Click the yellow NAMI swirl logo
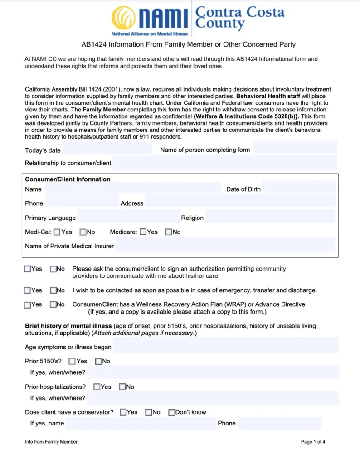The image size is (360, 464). coord(123,18)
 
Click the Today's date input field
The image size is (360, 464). coord(107,150)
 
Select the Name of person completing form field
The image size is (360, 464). coord(295,149)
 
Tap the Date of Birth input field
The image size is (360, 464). coord(299,189)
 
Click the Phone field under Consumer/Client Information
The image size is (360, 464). coord(82,203)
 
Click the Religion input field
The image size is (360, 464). coord(270,217)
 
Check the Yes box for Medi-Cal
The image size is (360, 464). coord(57,232)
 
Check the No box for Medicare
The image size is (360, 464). coord(169,232)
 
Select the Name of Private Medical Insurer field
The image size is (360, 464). coord(225,246)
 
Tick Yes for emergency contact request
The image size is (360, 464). coord(28,290)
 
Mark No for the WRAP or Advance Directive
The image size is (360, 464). coord(54,305)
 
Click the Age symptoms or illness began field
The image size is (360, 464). coord(225,347)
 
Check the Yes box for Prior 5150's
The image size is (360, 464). coord(72,362)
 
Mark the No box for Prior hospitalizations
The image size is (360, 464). coord(122,387)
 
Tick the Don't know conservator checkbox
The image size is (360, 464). coord(172,412)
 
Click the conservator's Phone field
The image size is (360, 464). coord(280,423)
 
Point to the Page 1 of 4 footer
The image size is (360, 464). coord(313,442)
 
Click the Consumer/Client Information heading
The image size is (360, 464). coord(68,179)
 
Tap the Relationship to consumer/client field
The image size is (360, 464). coord(224,163)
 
